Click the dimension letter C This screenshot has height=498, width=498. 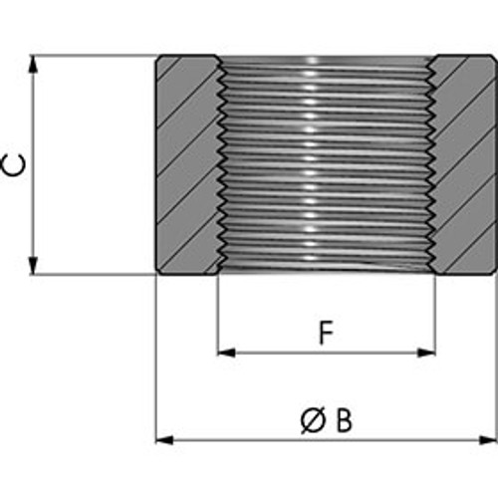pyautogui.click(x=13, y=165)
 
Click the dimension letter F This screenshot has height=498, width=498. pyautogui.click(x=326, y=333)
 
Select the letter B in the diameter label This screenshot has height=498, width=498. pyautogui.click(x=344, y=420)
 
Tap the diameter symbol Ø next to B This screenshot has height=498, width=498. pyautogui.click(x=313, y=420)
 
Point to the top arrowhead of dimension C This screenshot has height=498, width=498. pyautogui.click(x=33, y=64)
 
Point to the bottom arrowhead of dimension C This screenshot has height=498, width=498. pyautogui.click(x=33, y=266)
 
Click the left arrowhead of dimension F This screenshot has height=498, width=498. pyautogui.click(x=226, y=353)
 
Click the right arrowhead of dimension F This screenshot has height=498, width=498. pyautogui.click(x=426, y=353)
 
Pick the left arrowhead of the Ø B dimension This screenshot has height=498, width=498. pyautogui.click(x=164, y=440)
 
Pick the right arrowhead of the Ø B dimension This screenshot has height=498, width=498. pyautogui.click(x=489, y=440)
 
